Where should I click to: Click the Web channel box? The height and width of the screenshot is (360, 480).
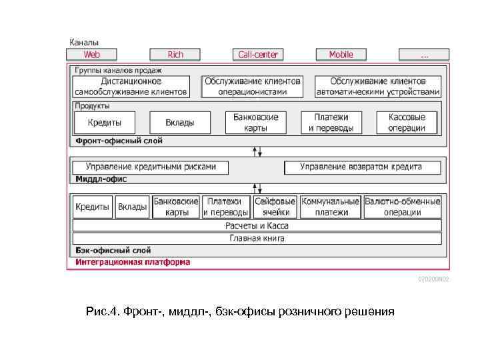(x=91, y=55)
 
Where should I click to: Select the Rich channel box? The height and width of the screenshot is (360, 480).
(x=175, y=55)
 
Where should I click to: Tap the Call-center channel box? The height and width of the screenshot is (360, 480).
(x=259, y=55)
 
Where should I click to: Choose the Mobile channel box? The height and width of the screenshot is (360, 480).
(x=341, y=55)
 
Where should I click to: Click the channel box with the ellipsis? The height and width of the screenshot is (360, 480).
(x=425, y=55)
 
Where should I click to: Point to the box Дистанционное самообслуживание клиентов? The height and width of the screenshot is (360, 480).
(x=131, y=87)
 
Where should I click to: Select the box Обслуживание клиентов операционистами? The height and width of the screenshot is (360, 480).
(x=253, y=87)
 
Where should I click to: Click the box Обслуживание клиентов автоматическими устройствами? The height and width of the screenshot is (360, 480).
(x=378, y=87)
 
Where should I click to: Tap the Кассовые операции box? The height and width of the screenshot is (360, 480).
(x=407, y=123)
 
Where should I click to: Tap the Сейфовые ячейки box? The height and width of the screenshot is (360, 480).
(x=275, y=207)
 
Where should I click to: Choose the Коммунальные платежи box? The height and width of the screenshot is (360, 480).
(x=331, y=207)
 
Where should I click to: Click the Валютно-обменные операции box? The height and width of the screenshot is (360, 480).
(x=403, y=207)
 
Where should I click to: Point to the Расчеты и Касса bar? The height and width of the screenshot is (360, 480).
(x=257, y=226)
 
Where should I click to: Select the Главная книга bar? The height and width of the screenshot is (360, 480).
(x=257, y=238)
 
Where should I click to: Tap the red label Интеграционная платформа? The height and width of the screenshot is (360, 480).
(x=133, y=263)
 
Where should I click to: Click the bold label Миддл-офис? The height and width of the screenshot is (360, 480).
(x=101, y=179)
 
